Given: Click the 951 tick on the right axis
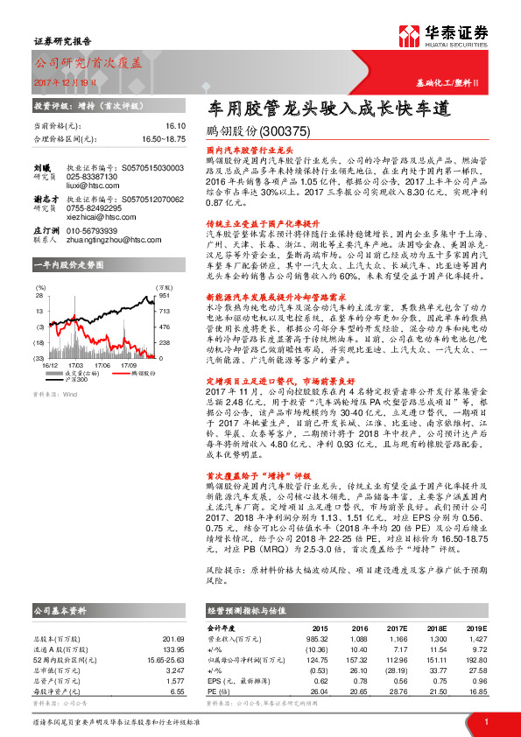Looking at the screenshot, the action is click(162, 297).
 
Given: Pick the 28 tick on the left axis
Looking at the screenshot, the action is click(39, 297).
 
